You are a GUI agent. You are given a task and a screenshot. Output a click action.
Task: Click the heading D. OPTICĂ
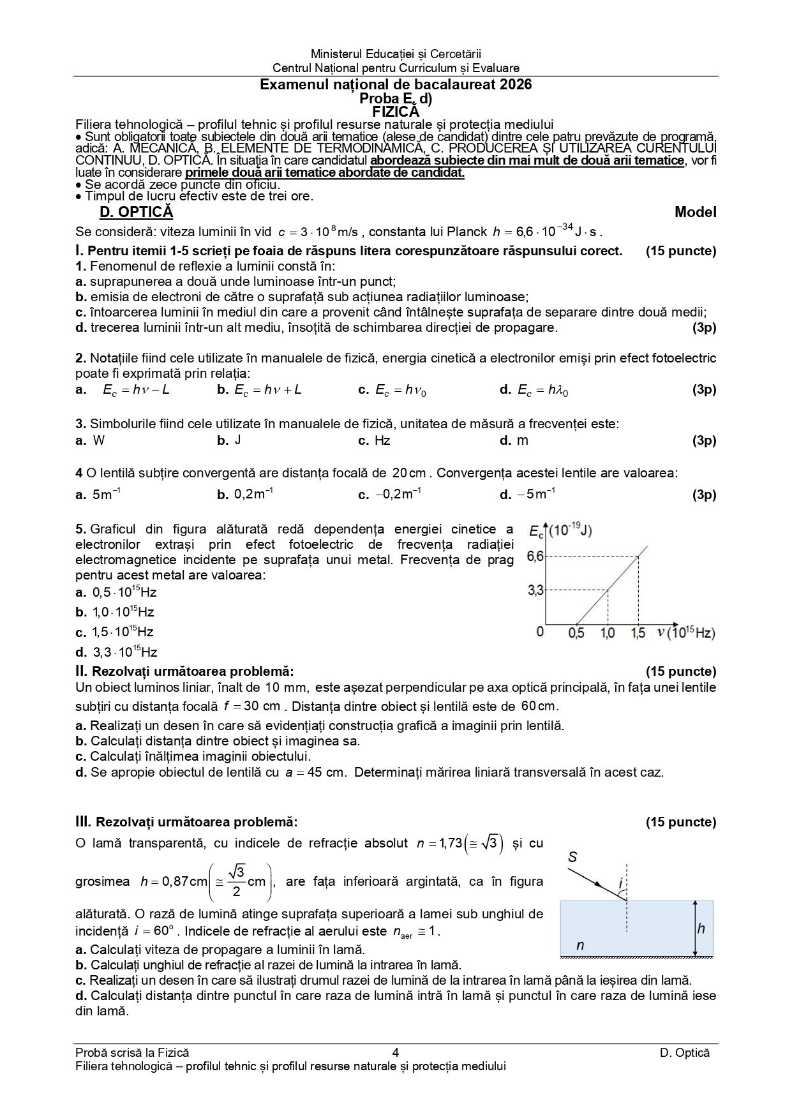pyautogui.click(x=136, y=213)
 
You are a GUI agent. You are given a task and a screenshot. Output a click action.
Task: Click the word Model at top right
pyautogui.click(x=695, y=213)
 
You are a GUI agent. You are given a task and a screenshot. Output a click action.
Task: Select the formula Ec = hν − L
pyautogui.click(x=136, y=390)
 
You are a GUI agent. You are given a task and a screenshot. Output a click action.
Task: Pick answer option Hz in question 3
pyautogui.click(x=382, y=440)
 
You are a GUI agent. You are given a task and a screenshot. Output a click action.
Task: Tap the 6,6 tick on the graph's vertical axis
pyautogui.click(x=535, y=556)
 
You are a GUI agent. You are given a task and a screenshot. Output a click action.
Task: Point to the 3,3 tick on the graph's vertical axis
pyautogui.click(x=535, y=590)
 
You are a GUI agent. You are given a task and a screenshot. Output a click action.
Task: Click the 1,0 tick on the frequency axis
pyautogui.click(x=608, y=633)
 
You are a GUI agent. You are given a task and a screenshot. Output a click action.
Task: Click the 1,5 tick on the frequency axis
pyautogui.click(x=638, y=633)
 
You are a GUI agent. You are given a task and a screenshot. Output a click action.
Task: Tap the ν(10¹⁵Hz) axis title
pyautogui.click(x=685, y=633)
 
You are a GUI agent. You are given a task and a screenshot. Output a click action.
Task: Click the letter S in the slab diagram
pyautogui.click(x=572, y=857)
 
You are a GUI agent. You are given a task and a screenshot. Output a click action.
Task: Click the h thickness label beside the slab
pyautogui.click(x=701, y=928)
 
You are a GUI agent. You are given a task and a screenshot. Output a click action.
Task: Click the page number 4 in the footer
pyautogui.click(x=396, y=1053)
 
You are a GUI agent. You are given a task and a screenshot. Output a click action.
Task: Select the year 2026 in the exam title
pyautogui.click(x=516, y=85)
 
